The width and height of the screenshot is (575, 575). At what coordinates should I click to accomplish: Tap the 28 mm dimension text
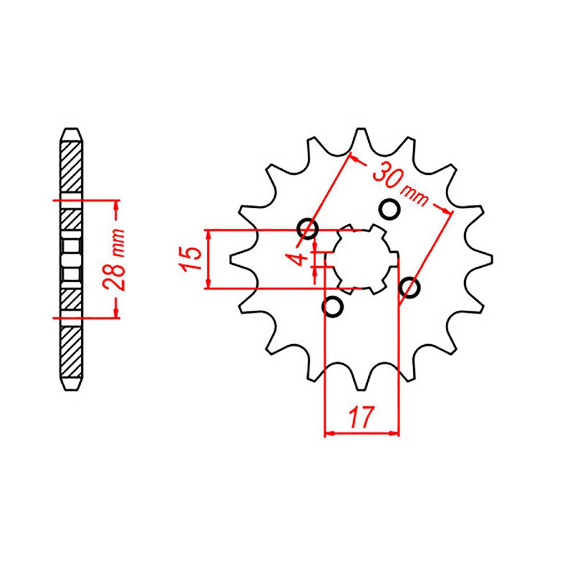(x=117, y=259)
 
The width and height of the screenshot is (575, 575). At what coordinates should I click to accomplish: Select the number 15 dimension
(x=192, y=259)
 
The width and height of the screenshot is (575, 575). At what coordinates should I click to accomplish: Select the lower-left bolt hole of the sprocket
(x=333, y=307)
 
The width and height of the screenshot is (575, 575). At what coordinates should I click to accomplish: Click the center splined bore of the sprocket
(x=361, y=259)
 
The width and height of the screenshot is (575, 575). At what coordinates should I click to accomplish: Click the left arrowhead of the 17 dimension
(x=329, y=434)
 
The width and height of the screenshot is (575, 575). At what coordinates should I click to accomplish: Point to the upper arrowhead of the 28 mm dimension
(x=116, y=205)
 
